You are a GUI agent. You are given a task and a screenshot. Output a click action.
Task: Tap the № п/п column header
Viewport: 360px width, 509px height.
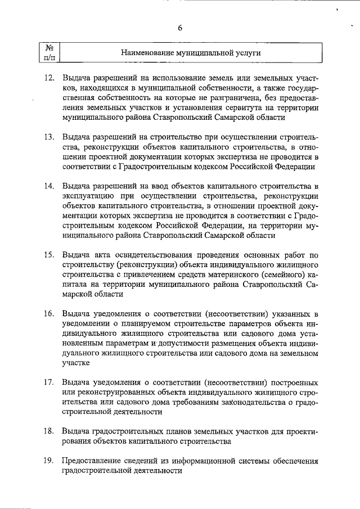(x=49, y=52)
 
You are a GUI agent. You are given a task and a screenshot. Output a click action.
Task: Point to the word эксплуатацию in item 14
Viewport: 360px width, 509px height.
(x=88, y=196)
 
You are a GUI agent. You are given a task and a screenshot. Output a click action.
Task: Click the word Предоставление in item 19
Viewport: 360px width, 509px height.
(x=94, y=461)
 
